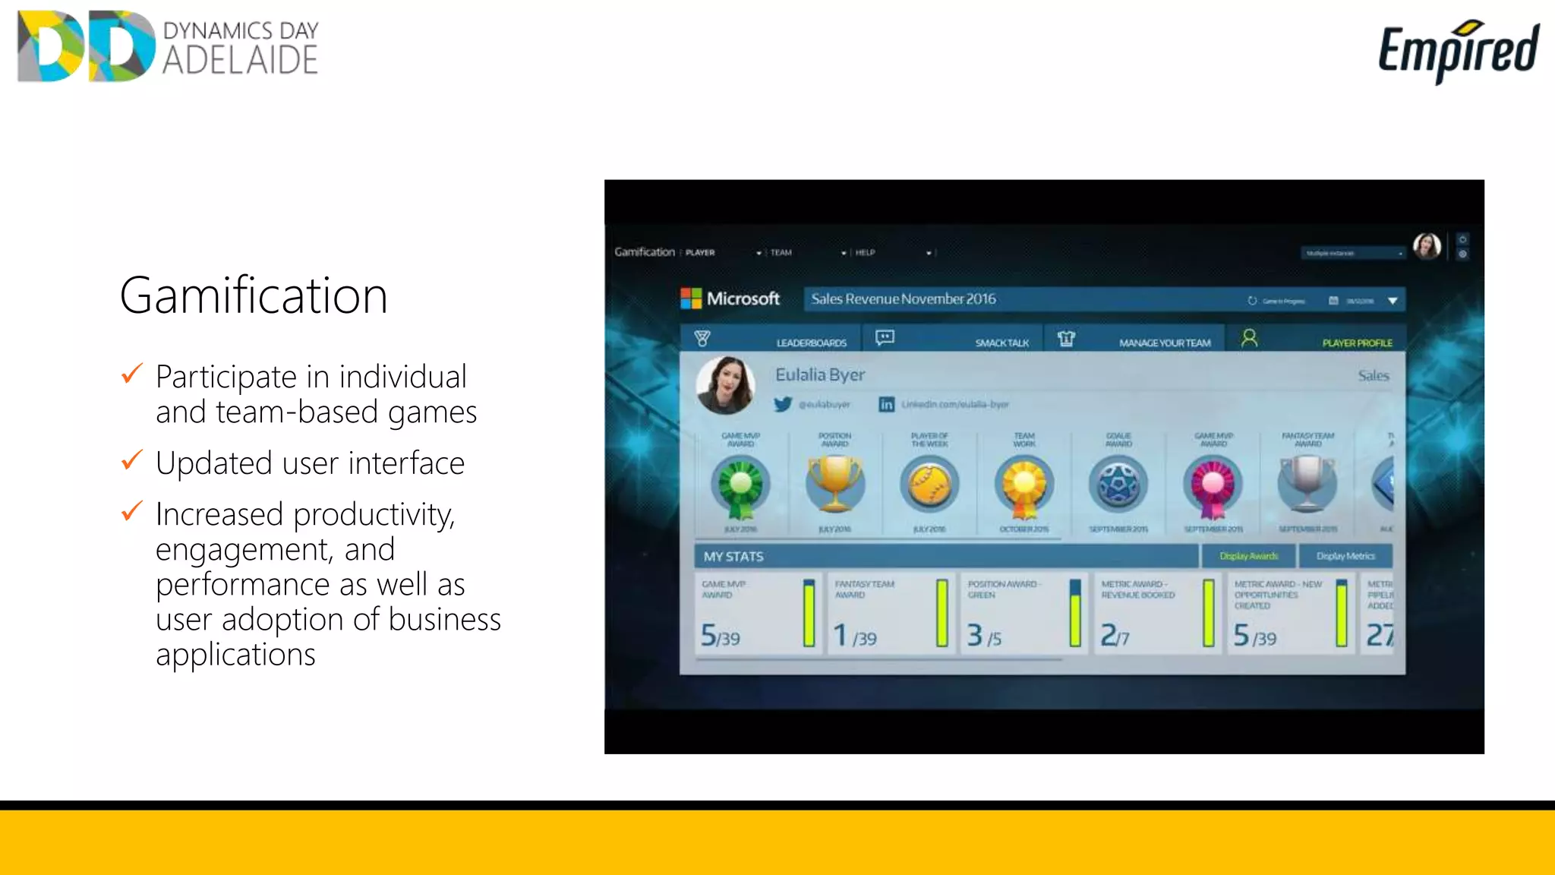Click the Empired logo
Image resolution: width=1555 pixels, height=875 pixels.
point(1458,50)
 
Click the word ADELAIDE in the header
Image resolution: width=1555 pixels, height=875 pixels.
point(240,61)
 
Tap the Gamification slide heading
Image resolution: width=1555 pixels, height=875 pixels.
point(254,295)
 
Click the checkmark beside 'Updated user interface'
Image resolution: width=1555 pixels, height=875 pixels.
point(132,460)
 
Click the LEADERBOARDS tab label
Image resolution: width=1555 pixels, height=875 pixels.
point(811,343)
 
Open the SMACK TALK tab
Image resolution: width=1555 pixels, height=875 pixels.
point(1001,343)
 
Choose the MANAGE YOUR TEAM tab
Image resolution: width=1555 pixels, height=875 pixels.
point(1165,343)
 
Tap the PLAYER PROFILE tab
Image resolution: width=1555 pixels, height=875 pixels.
point(1357,343)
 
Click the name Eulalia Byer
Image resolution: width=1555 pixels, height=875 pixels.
point(820,374)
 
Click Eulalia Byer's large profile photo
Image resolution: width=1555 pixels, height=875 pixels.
point(726,385)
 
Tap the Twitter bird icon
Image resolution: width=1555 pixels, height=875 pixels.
point(783,404)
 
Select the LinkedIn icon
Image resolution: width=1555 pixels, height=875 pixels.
point(886,404)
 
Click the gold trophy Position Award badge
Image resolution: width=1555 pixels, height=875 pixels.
point(834,484)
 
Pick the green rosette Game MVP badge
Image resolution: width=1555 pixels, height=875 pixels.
point(740,486)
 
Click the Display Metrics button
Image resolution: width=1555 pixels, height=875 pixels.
point(1345,556)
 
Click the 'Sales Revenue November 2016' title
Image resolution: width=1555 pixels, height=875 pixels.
point(904,299)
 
